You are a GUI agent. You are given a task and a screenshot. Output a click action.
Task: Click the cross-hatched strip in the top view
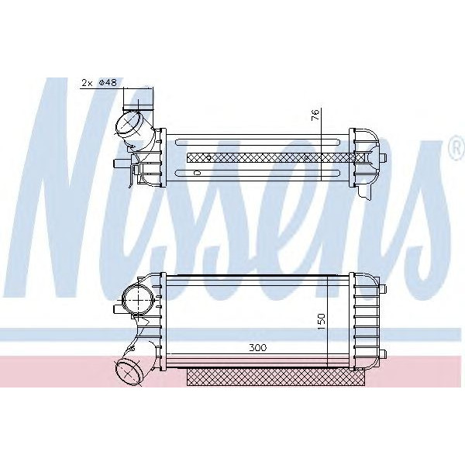click(x=271, y=156)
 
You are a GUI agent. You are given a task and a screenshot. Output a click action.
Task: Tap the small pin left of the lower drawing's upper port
click(x=116, y=308)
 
